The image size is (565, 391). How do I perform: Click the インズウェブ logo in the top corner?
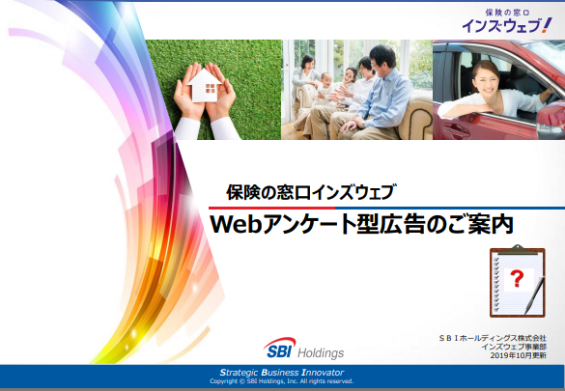coord(507,21)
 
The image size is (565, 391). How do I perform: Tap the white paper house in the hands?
coord(204,85)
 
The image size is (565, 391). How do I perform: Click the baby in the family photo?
coord(325,88)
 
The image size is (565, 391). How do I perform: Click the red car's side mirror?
coord(551,119)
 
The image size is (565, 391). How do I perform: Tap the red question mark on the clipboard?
coord(517,279)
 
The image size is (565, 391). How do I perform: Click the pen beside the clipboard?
coord(535,295)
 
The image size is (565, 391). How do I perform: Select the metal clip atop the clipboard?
coord(518,249)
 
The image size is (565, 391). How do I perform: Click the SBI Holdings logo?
coord(304,348)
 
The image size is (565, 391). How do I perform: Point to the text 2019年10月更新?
coord(518,355)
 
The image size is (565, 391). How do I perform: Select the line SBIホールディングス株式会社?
coord(493,338)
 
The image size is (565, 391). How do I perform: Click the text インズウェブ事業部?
coord(514,347)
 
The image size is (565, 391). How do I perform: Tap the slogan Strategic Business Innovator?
coord(282,373)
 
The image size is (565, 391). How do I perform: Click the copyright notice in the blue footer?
coord(282,381)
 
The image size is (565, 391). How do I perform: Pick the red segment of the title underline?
coord(271,209)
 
